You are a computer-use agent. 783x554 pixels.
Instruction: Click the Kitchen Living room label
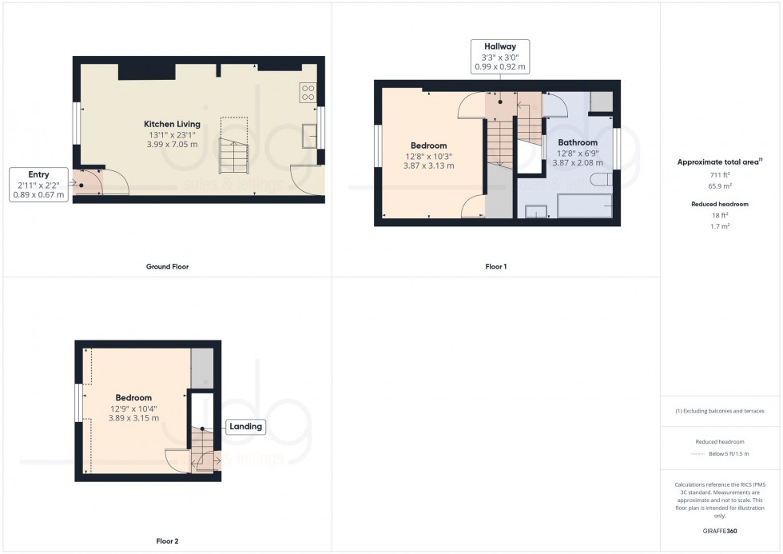point(172,124)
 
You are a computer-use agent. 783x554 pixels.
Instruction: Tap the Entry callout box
point(38,184)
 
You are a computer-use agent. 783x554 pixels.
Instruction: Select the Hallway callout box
point(499,57)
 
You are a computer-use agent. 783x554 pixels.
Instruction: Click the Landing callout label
point(245,427)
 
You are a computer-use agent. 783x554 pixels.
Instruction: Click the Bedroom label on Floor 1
point(429,145)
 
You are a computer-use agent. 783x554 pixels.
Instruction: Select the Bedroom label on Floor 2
point(133,397)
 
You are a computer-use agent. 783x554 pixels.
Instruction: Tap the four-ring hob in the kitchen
point(308,92)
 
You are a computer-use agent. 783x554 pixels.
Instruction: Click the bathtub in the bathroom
point(584,205)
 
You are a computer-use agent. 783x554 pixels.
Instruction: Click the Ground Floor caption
point(169,266)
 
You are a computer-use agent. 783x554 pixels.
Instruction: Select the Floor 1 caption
point(496,266)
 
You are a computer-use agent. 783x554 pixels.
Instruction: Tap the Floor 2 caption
point(168,541)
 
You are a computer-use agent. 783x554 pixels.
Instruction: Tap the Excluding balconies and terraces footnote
point(720,411)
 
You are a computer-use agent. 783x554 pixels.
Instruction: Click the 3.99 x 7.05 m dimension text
point(172,144)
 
